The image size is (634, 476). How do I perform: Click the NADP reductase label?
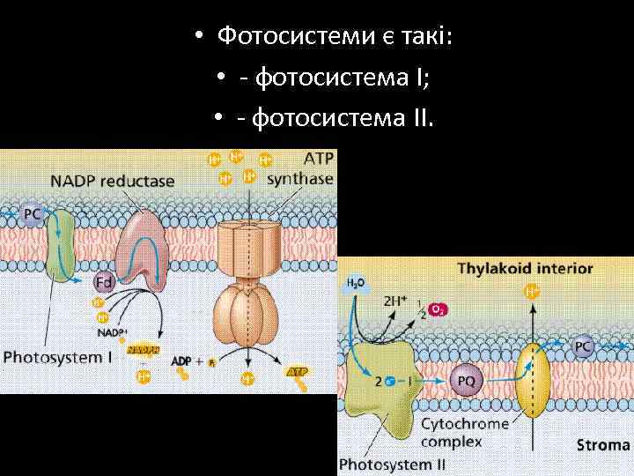coord(113,182)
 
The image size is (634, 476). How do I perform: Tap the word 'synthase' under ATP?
coord(299,179)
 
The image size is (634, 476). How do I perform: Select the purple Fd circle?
coord(104,282)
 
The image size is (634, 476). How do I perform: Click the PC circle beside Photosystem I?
coord(33,213)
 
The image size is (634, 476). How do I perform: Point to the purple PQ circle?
coord(467,382)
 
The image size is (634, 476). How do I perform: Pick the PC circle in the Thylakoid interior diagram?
coord(583,347)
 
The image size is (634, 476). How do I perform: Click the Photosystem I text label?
coord(58,358)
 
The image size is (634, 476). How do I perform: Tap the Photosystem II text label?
coord(386,465)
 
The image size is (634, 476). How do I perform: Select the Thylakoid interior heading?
coord(525,268)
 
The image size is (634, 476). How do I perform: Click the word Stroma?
coord(603,444)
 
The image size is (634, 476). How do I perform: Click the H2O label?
coord(355,283)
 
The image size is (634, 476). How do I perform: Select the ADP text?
coord(181,361)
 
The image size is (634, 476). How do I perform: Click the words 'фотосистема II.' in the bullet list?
coord(343,117)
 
